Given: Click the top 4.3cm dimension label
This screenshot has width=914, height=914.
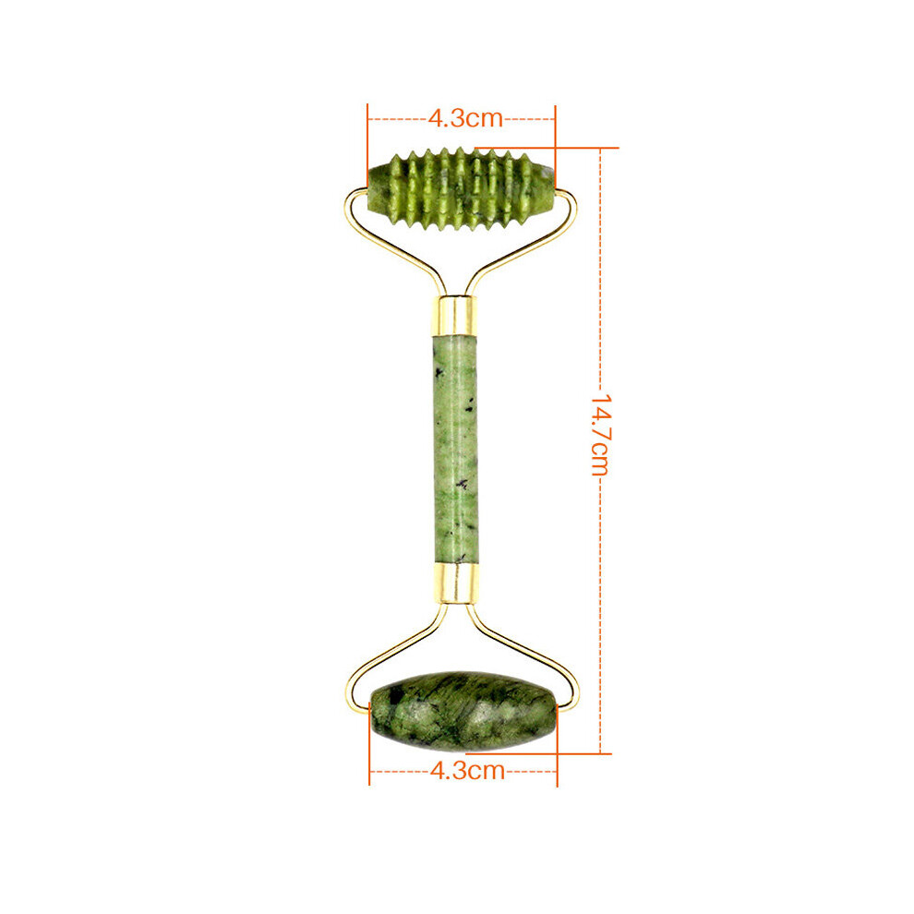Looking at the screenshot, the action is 465,118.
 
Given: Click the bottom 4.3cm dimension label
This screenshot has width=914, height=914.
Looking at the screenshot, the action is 467,771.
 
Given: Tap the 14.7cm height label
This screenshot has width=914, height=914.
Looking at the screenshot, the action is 600,435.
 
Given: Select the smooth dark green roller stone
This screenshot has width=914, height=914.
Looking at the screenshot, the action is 463,711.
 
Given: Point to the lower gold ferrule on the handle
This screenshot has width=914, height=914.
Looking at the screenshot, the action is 457,583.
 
